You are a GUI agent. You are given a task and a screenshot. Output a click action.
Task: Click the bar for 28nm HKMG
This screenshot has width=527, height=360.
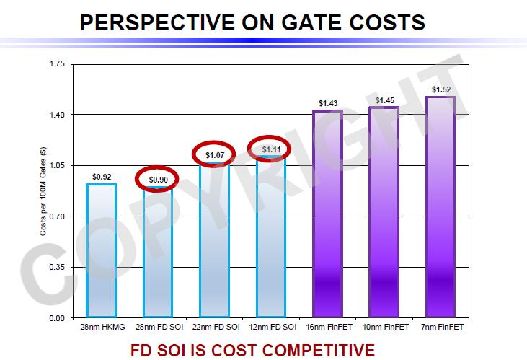(x=101, y=250)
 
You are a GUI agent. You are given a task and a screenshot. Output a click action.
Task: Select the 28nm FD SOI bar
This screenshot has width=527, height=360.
(x=158, y=252)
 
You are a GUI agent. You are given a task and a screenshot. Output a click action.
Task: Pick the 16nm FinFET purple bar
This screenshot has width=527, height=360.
(x=327, y=214)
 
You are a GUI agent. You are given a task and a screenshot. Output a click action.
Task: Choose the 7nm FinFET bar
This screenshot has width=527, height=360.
(x=440, y=207)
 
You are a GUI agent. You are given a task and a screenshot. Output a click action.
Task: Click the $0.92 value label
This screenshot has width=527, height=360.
(x=102, y=176)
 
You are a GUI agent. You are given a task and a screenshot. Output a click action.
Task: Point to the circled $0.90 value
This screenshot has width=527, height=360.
(x=158, y=179)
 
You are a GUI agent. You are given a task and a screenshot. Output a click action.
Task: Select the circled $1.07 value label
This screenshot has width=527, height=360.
(x=215, y=154)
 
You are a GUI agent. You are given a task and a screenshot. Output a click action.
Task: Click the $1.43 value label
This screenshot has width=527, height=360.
(x=327, y=103)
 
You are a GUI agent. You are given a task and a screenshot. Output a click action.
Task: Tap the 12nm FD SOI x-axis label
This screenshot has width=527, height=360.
(x=271, y=328)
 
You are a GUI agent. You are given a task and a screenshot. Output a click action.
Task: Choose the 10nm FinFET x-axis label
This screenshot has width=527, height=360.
(x=384, y=328)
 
